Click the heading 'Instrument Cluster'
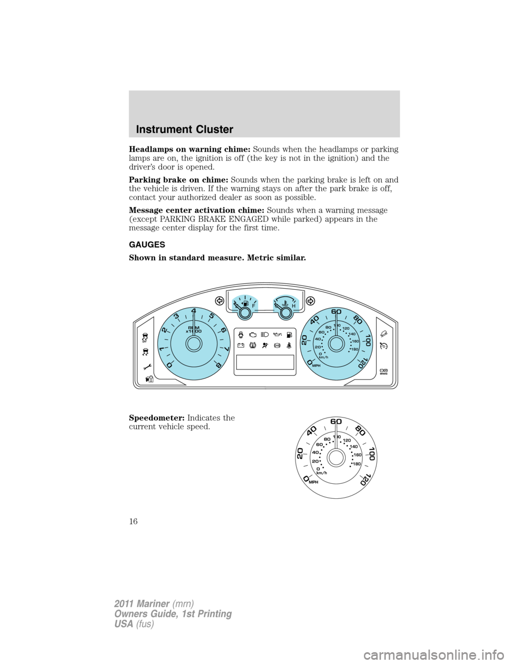[184, 129]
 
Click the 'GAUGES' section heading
[147, 245]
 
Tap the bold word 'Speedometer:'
[158, 418]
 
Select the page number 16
[134, 521]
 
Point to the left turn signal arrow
[219, 299]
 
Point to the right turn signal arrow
[310, 300]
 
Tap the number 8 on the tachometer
[217, 365]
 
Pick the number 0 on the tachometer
[169, 365]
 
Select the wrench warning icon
[147, 367]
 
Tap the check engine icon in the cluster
[253, 334]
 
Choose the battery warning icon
[240, 346]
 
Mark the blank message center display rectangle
[265, 362]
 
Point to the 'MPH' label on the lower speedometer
[313, 482]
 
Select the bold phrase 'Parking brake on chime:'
[179, 180]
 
